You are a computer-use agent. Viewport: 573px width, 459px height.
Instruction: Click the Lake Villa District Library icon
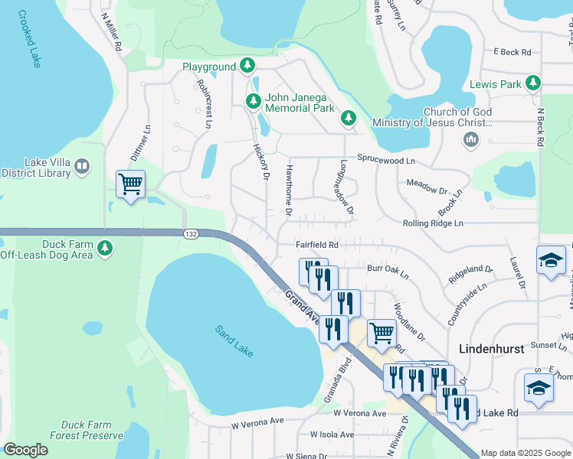83,166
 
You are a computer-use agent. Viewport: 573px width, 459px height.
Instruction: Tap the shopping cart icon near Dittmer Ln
130,184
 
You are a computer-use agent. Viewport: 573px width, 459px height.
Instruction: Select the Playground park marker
247,67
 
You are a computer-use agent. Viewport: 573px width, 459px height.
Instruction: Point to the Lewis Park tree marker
534,83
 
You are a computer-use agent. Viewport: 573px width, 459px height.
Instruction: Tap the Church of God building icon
470,140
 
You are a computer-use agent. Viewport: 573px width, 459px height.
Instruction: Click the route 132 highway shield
191,233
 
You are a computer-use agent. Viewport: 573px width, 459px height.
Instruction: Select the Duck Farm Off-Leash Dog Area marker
105,248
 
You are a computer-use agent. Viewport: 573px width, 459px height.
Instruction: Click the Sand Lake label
234,341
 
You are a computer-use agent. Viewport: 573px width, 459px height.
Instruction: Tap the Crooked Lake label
28,39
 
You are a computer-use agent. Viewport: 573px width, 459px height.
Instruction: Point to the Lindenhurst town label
491,348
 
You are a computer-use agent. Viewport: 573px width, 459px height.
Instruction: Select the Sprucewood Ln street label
385,161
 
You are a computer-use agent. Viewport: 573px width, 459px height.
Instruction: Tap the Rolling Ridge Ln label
433,223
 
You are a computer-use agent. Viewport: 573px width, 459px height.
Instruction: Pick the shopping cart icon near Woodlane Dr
381,332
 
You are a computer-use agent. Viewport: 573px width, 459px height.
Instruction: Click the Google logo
26,450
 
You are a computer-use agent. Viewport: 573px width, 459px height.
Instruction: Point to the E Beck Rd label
512,52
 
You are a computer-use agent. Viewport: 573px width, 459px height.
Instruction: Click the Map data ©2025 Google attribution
525,453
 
